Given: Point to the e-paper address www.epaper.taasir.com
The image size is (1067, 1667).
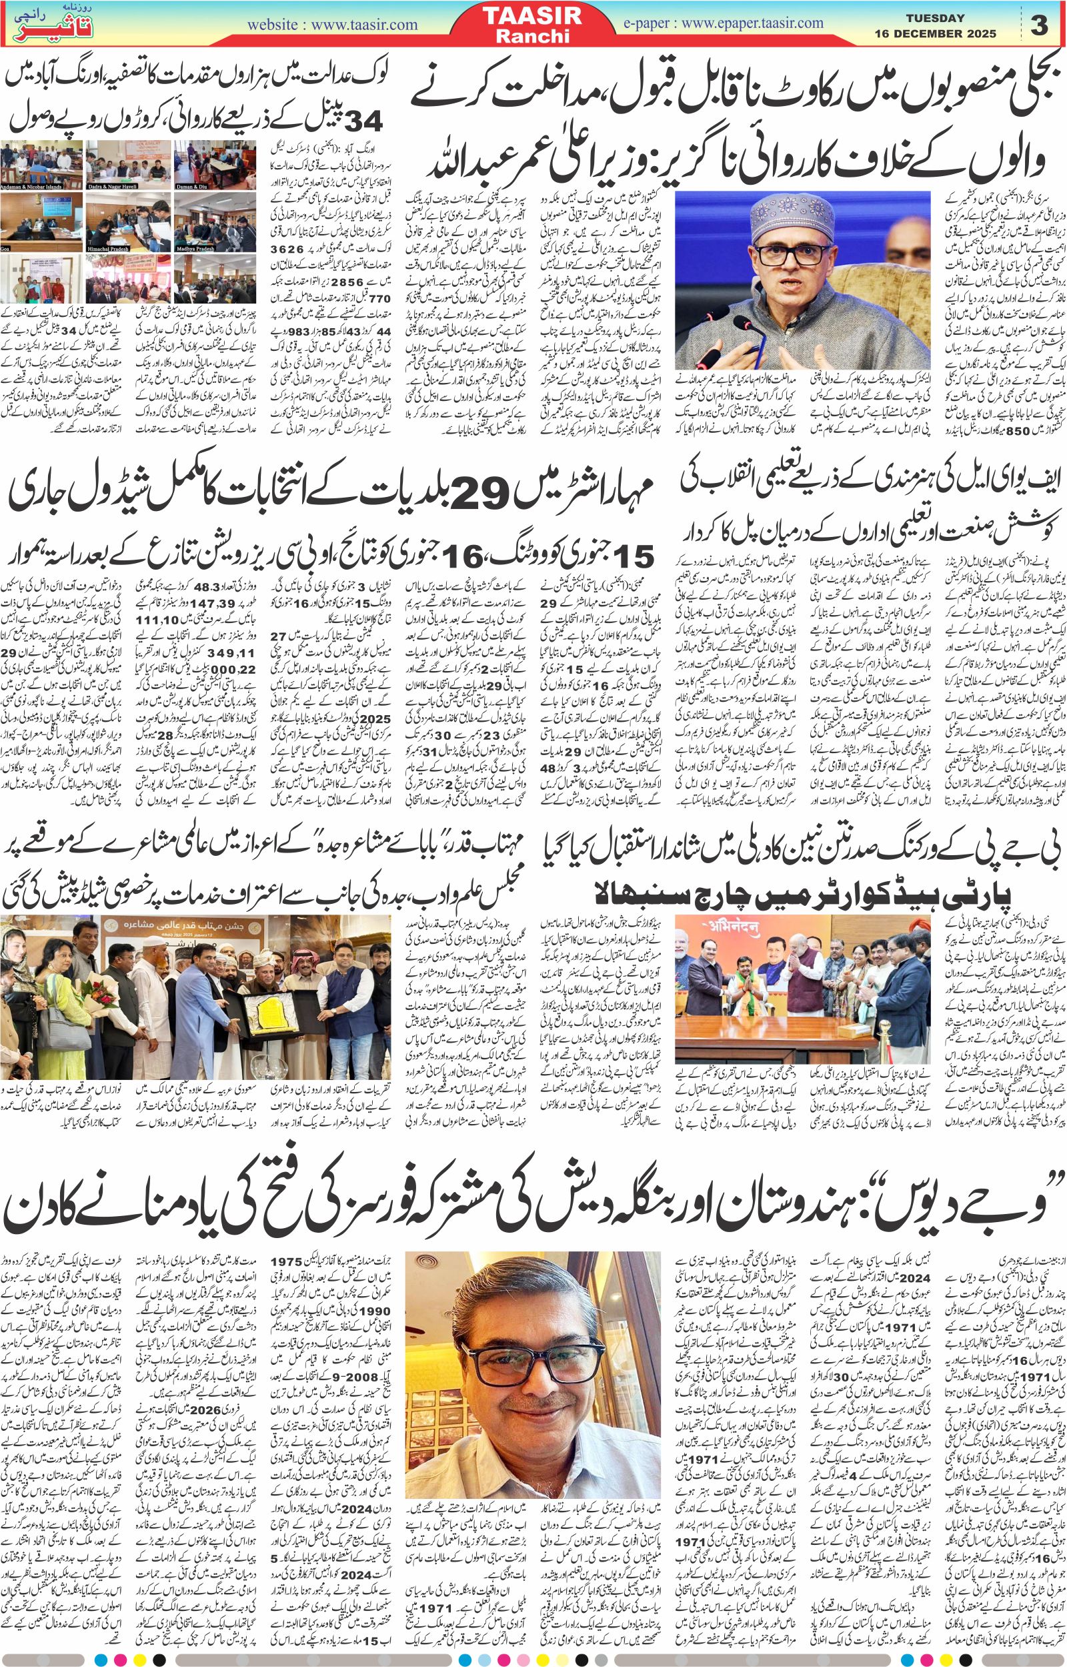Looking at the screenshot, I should click(x=752, y=23).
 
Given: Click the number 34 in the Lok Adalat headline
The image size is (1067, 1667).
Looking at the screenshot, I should click(x=363, y=121).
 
